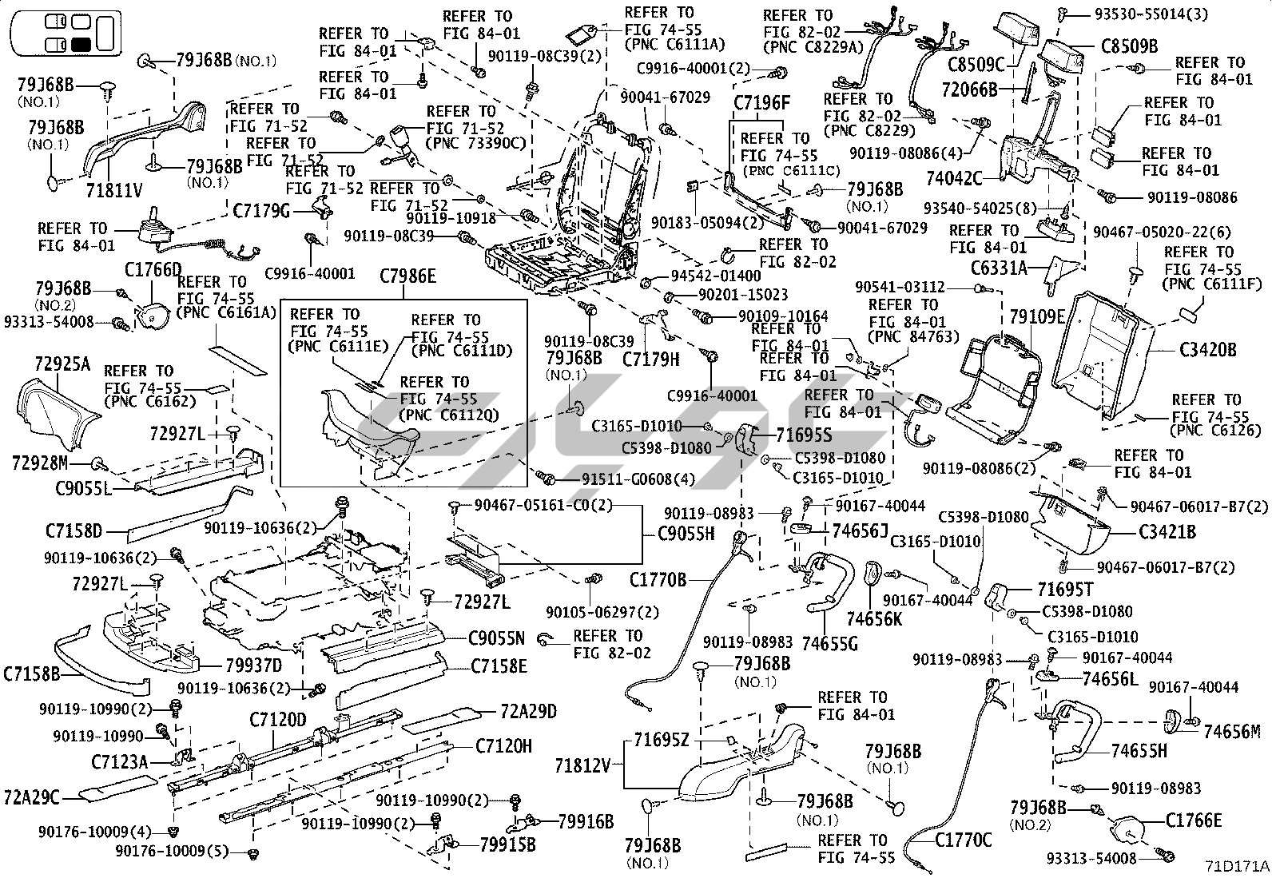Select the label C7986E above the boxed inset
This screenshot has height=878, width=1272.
click(407, 276)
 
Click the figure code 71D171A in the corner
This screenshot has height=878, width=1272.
click(1237, 866)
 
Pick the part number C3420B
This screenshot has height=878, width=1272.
click(1208, 349)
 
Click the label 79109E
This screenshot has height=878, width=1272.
click(1037, 317)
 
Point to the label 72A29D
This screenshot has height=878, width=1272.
click(528, 711)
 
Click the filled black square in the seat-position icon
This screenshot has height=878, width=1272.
click(81, 44)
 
